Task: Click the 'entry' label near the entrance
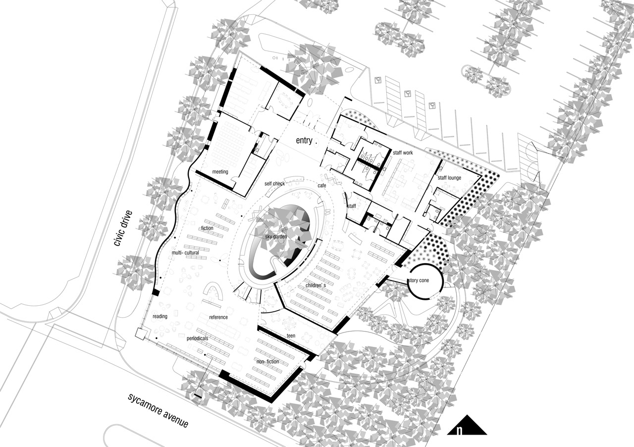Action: (x=305, y=141)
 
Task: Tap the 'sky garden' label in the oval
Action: (x=276, y=237)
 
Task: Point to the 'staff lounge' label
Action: (x=449, y=177)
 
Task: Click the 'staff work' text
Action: (x=403, y=153)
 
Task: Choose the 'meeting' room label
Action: (x=220, y=172)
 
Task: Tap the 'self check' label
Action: (x=274, y=183)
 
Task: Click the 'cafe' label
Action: (x=322, y=185)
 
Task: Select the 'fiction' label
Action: (x=207, y=228)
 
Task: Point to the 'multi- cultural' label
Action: (x=185, y=253)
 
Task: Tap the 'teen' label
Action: (x=291, y=336)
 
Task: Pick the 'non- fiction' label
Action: (x=267, y=362)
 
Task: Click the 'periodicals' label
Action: (x=198, y=338)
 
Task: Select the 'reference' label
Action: (x=218, y=317)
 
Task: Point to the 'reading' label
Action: (x=160, y=316)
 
